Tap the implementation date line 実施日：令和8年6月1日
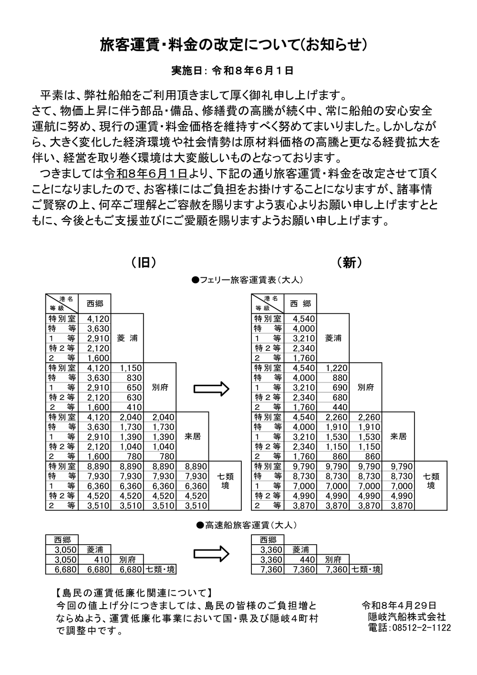pyautogui.click(x=232, y=71)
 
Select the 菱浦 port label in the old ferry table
pyautogui.click(x=127, y=338)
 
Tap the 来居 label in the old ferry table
pyautogui.click(x=192, y=437)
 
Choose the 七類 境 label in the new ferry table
pyautogui.click(x=431, y=481)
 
